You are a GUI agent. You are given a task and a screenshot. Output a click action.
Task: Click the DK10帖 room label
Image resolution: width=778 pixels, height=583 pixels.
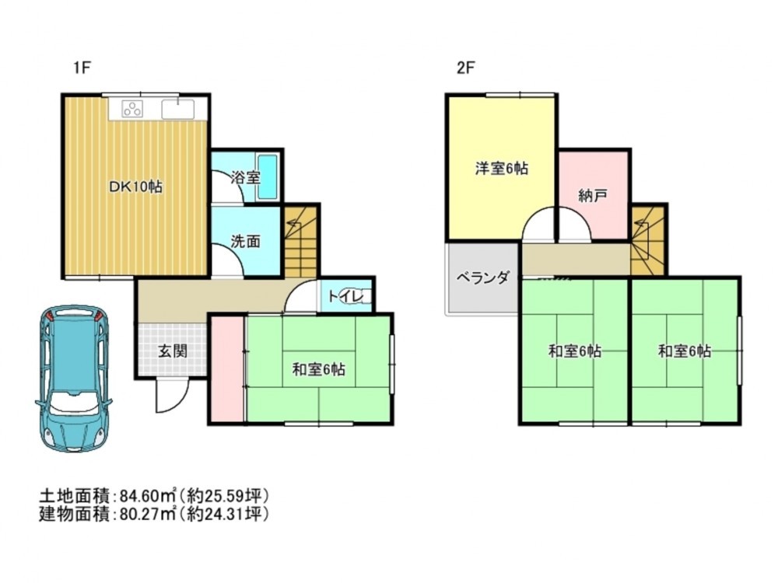[x=136, y=187]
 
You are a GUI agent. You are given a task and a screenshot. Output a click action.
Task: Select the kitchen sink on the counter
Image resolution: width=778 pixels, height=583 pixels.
[x=177, y=109]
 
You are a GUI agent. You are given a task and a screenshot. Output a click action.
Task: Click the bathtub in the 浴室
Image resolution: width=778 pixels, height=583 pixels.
[x=268, y=176]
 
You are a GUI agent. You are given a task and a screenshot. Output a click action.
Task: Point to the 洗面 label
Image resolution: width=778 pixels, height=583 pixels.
[x=246, y=242]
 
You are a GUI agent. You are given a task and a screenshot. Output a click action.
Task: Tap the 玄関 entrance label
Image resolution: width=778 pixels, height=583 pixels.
[x=173, y=351]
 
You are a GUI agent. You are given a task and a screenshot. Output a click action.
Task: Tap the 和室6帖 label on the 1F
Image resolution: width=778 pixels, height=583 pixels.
[x=318, y=369]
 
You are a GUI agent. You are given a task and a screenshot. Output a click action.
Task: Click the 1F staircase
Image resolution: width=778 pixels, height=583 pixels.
[x=300, y=242]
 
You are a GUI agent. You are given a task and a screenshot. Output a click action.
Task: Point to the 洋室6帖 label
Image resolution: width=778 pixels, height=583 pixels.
[x=502, y=169]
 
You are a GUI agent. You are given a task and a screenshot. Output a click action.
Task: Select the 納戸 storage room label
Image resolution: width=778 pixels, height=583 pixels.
[x=593, y=196]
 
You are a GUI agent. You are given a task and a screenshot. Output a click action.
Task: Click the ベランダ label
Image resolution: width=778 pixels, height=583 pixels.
[x=483, y=278]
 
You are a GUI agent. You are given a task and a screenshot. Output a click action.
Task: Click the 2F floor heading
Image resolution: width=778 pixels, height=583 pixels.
[x=465, y=67]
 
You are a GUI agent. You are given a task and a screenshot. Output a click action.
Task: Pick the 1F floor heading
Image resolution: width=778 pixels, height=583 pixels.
[x=82, y=67]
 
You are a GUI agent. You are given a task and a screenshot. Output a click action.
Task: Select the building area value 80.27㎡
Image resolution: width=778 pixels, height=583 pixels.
[x=149, y=514]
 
